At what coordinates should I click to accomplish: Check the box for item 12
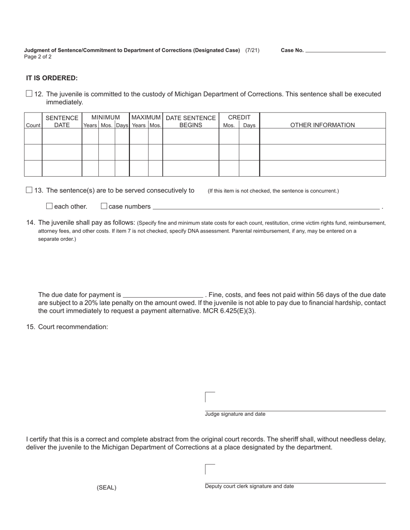point(29,94)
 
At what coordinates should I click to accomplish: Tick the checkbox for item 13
point(29,190)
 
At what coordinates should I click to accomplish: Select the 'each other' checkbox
point(49,206)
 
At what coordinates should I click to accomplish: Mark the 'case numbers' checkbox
point(104,206)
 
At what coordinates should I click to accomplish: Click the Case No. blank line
point(345,50)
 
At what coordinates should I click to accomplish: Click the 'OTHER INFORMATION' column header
point(322,125)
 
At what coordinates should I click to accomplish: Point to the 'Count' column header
point(33,125)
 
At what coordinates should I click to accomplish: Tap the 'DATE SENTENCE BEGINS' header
point(191,121)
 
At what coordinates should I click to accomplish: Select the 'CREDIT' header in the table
point(239,117)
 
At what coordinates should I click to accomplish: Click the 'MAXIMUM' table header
point(146,117)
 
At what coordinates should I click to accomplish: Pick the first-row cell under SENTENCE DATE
point(62,136)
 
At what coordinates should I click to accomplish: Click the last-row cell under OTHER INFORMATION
point(322,168)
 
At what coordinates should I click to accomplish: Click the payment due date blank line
point(163,295)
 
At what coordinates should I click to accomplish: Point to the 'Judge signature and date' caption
point(235,414)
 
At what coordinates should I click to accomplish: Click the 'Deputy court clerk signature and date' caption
point(249,486)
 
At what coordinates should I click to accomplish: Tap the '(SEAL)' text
point(107,488)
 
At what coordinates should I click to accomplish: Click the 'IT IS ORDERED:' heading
point(52,78)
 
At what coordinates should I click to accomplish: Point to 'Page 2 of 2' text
point(38,56)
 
